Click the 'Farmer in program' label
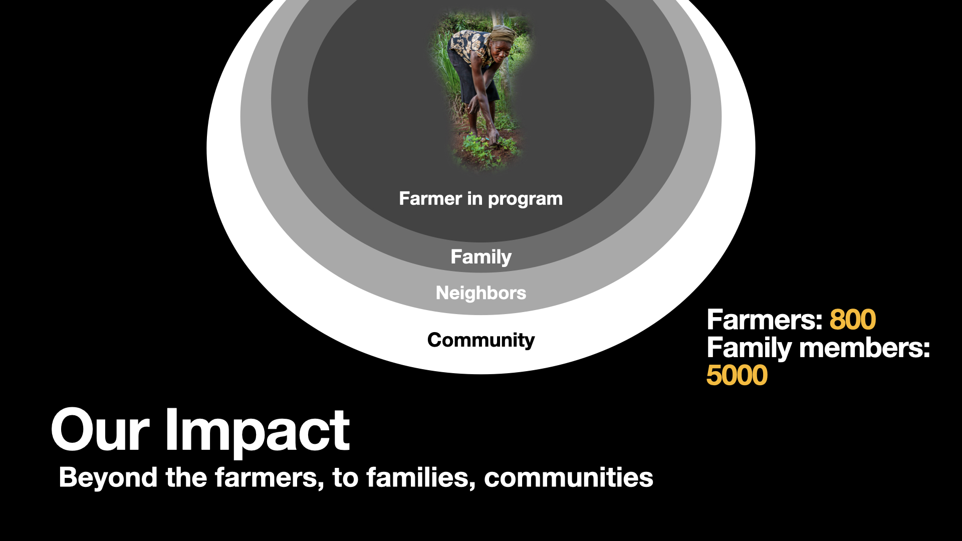[480, 199]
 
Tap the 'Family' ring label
[480, 257]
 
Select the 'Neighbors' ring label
[480, 293]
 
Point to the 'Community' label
[480, 340]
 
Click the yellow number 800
[852, 320]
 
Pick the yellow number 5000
[737, 375]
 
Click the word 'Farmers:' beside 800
[765, 320]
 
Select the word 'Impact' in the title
[258, 431]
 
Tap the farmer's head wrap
[502, 34]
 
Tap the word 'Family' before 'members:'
[749, 348]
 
